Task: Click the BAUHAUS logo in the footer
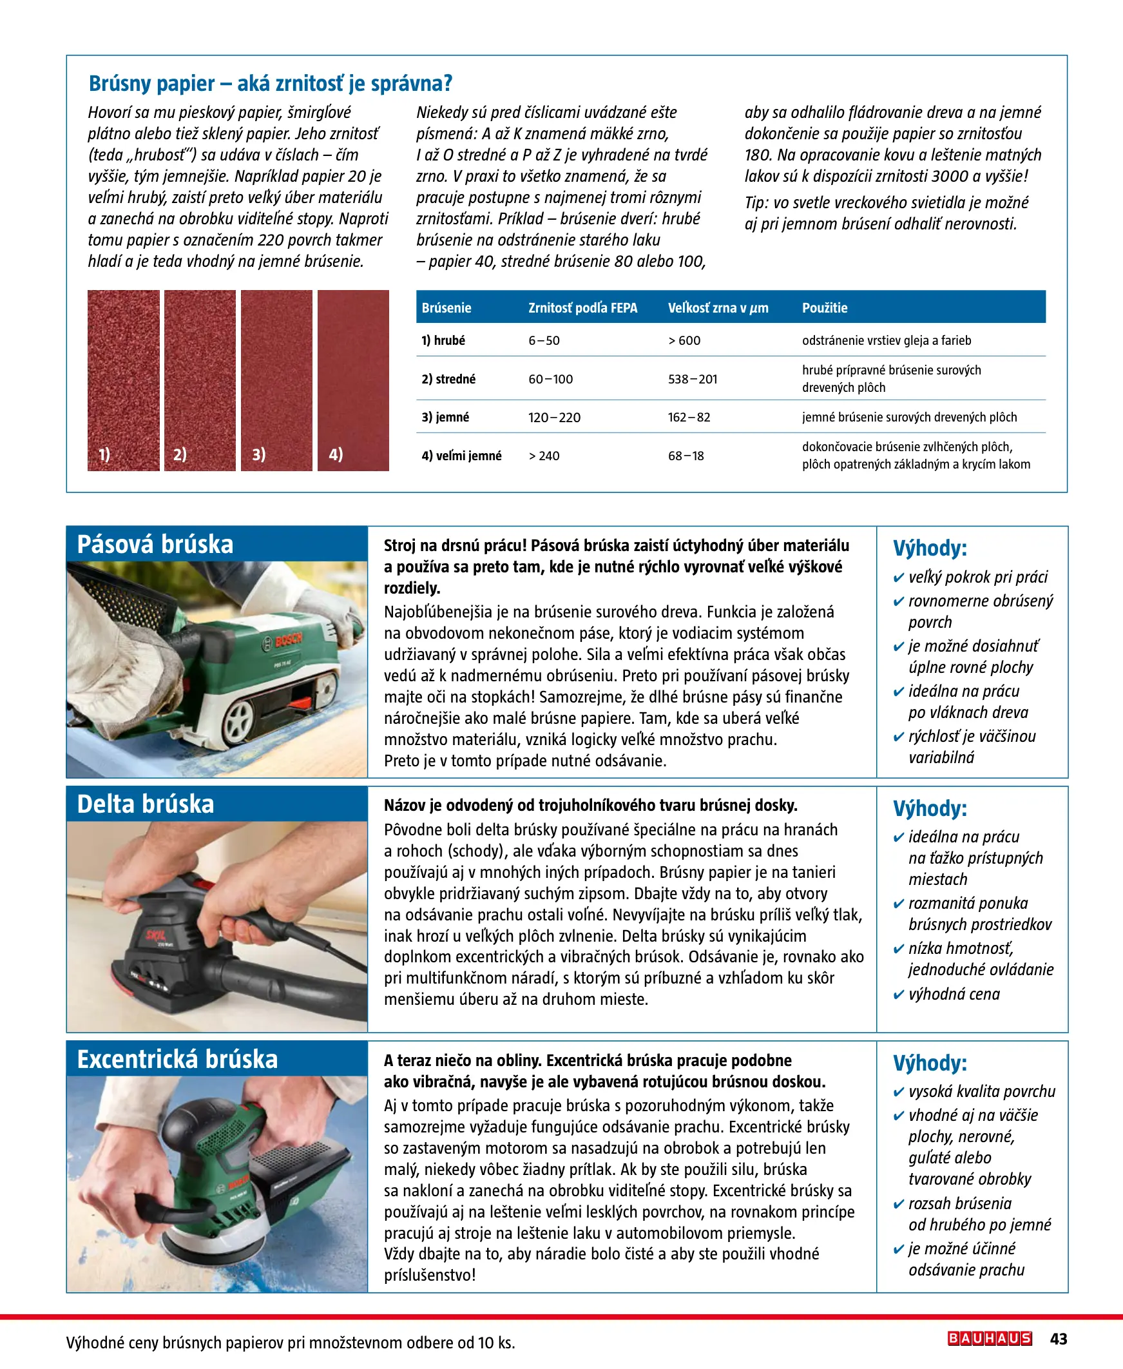point(989,1338)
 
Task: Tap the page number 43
point(1059,1339)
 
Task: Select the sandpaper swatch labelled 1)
point(124,380)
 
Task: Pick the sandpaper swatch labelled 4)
point(353,380)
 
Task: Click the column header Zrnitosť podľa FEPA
point(582,308)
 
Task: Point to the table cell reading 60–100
point(550,379)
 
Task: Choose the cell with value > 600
point(684,340)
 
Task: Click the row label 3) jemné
point(445,417)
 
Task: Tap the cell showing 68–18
point(686,456)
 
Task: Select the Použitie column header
point(825,308)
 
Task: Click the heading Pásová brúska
point(155,544)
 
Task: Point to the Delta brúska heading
point(146,804)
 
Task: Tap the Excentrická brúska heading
point(177,1059)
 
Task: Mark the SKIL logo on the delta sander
point(156,935)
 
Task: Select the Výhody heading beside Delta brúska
point(930,809)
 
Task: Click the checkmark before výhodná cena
point(898,995)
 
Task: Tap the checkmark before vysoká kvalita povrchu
point(898,1092)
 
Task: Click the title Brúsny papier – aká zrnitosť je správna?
point(271,83)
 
